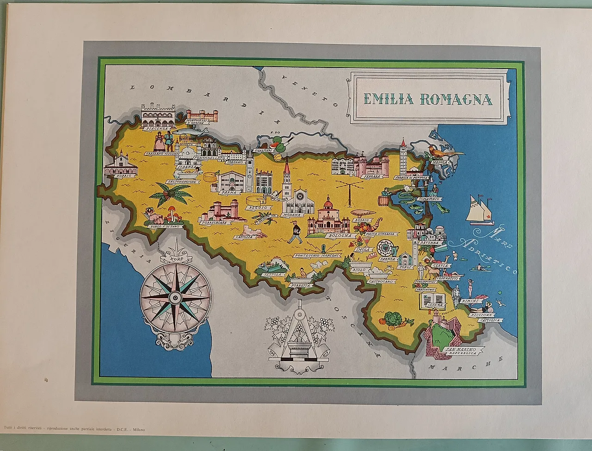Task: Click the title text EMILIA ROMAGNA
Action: click(428, 99)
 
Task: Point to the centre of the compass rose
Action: click(175, 295)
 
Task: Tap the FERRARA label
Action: click(371, 176)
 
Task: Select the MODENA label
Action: click(292, 215)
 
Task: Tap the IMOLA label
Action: click(361, 250)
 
